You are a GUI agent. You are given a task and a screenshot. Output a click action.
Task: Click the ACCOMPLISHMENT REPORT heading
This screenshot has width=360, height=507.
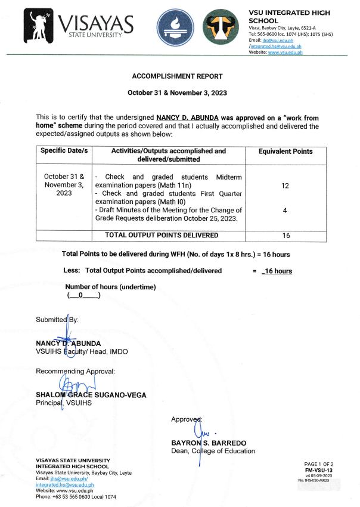click(x=176, y=76)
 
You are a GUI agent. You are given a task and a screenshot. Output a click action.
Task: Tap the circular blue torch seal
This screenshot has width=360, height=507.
click(x=175, y=28)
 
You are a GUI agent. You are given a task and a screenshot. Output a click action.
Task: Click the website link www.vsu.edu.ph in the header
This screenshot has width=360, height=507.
click(x=285, y=52)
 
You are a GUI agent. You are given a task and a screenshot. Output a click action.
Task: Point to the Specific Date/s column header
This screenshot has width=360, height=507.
click(x=64, y=151)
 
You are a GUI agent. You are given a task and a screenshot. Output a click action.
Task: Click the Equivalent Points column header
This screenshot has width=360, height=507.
click(x=285, y=152)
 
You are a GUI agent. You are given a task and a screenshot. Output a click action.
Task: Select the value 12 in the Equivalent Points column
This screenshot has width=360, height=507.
click(x=285, y=186)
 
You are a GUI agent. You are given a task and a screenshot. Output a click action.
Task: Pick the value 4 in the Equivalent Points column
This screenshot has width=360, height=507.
click(x=285, y=210)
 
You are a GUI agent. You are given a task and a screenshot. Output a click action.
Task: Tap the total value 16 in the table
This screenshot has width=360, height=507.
click(x=285, y=236)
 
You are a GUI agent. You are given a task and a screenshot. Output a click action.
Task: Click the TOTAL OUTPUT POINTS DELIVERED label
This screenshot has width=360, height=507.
click(x=161, y=236)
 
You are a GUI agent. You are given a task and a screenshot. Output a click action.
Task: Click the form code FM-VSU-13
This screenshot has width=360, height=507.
click(x=321, y=470)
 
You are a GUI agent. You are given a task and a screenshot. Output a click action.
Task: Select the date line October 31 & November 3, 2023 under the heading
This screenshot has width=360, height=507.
click(x=176, y=93)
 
